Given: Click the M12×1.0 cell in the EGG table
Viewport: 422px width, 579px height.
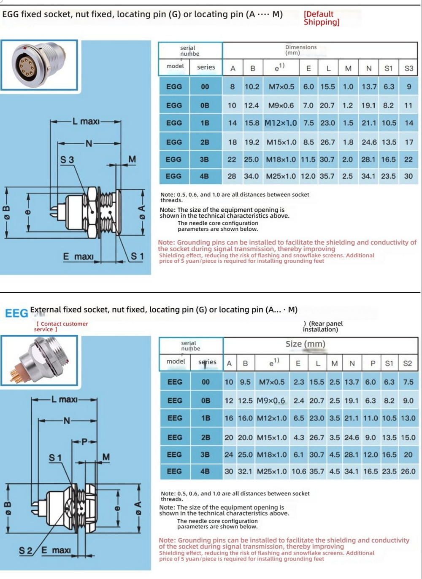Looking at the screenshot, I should pyautogui.click(x=281, y=123).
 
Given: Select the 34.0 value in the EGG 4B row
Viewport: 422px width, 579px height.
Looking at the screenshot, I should pyautogui.click(x=252, y=176).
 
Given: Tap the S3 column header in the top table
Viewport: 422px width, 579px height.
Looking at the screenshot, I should pyautogui.click(x=408, y=68).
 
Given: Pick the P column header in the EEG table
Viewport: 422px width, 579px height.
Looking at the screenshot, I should pyautogui.click(x=373, y=363).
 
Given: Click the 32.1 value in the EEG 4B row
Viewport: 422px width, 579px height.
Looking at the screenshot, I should pyautogui.click(x=245, y=471).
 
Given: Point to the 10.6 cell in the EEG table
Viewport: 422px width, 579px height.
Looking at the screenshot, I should pyautogui.click(x=299, y=471).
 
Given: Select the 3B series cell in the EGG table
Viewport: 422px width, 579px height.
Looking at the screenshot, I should pyautogui.click(x=205, y=159).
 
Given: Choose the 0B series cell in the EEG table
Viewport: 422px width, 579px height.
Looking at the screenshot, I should pyautogui.click(x=206, y=401).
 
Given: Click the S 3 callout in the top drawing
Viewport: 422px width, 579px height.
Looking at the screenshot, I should pyautogui.click(x=67, y=160).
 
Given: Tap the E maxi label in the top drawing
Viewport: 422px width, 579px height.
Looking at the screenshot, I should pyautogui.click(x=78, y=256).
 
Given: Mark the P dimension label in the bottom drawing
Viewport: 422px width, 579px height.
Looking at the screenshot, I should pyautogui.click(x=84, y=442).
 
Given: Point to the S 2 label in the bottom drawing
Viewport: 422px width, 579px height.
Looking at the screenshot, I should pyautogui.click(x=26, y=551).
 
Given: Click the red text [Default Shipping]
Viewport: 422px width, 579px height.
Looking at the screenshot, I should pyautogui.click(x=322, y=18).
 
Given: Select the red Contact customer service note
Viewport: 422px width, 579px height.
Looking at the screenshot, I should pyautogui.click(x=61, y=326).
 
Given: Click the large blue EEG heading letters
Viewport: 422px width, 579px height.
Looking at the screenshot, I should pyautogui.click(x=16, y=313).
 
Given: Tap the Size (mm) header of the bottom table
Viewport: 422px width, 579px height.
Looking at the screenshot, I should pyautogui.click(x=305, y=344).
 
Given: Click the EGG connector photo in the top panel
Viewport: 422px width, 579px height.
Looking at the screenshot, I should pyautogui.click(x=39, y=65).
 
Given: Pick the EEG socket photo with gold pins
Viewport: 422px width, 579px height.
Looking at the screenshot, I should pyautogui.click(x=39, y=361).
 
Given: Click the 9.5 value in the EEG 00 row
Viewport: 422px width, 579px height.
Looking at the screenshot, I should pyautogui.click(x=245, y=382).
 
